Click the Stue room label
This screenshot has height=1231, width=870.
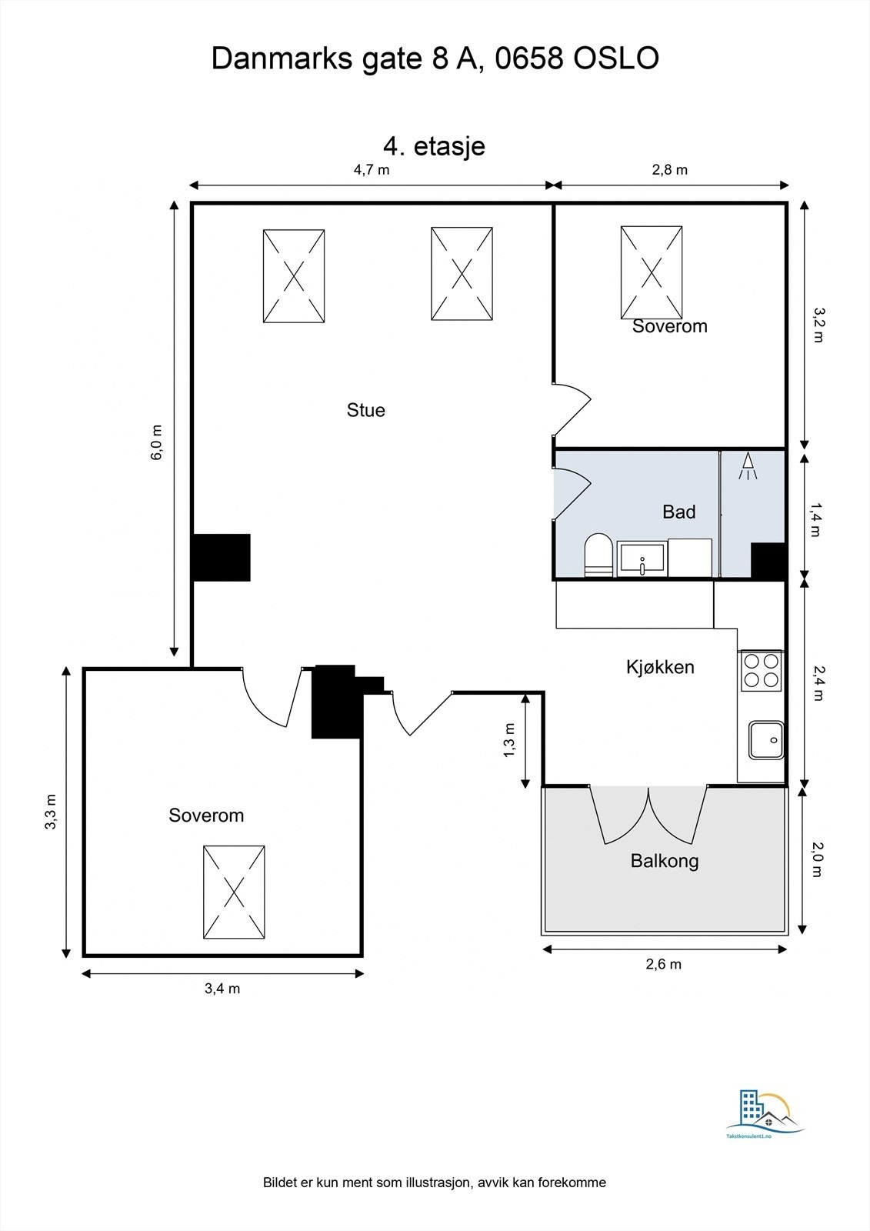click(365, 410)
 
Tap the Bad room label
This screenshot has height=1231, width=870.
click(678, 512)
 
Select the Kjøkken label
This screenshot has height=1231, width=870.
click(660, 667)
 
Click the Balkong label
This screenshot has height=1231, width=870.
click(665, 860)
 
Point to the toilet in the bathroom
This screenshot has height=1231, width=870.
click(598, 555)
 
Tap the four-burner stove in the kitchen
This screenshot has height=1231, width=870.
click(762, 669)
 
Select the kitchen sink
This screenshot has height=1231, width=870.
click(766, 740)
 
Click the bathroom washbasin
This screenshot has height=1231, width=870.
click(642, 559)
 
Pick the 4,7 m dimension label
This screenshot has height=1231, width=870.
click(372, 170)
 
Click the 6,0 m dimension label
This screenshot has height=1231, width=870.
click(157, 442)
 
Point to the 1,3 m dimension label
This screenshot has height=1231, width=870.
click(509, 740)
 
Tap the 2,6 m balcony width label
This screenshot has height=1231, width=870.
click(664, 964)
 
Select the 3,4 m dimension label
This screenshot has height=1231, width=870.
click(222, 989)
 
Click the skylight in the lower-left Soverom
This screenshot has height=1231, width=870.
click(234, 892)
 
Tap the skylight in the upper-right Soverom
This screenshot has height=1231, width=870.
click(652, 272)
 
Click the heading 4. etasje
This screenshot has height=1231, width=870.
click(434, 145)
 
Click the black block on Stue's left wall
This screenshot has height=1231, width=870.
click(222, 557)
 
